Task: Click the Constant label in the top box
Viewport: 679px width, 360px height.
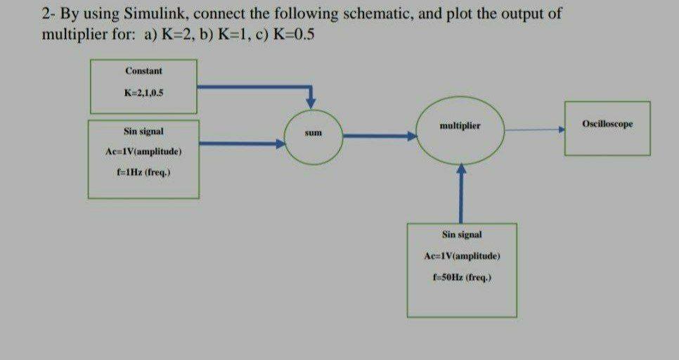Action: [x=143, y=71]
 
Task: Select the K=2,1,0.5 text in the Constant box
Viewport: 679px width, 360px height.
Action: [x=143, y=92]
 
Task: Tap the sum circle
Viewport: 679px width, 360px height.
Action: [x=313, y=132]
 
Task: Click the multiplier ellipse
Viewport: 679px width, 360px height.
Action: [x=460, y=131]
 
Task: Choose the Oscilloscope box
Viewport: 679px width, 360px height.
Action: [x=607, y=124]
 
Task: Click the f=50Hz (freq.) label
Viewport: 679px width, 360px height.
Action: [x=462, y=276]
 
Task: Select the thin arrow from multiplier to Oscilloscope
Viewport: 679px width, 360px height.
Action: [x=534, y=129]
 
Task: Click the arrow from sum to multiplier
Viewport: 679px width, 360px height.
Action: [x=380, y=137]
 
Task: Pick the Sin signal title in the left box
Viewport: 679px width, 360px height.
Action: [x=143, y=131]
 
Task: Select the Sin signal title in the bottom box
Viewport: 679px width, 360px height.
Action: [x=462, y=233]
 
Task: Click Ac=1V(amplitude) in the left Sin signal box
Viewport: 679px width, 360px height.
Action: [x=143, y=151]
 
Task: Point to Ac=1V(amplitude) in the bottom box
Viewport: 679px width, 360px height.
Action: [x=462, y=255]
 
